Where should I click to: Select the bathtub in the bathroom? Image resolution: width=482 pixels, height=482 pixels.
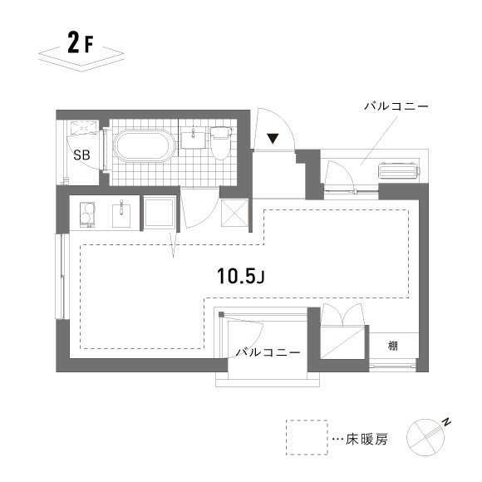(x=144, y=146)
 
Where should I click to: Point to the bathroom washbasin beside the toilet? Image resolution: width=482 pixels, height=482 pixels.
(x=194, y=136)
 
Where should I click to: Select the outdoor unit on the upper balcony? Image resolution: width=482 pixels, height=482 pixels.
(x=400, y=171)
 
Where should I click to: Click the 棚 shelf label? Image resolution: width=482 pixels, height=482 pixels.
(x=391, y=345)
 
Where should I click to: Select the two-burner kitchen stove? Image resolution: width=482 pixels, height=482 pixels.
(x=84, y=215)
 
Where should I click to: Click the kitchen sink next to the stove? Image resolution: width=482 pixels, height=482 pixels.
(x=121, y=214)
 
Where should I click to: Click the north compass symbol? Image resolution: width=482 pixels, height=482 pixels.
(x=427, y=434)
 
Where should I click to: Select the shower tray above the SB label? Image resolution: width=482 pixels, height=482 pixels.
(x=82, y=128)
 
